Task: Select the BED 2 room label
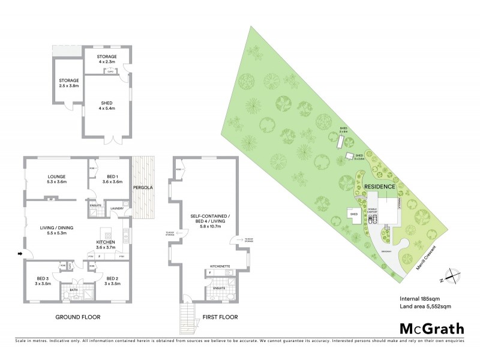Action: coord(113,278)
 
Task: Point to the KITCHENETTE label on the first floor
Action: coord(220,265)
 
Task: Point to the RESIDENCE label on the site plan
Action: coord(380,187)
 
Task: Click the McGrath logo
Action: coord(431,328)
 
